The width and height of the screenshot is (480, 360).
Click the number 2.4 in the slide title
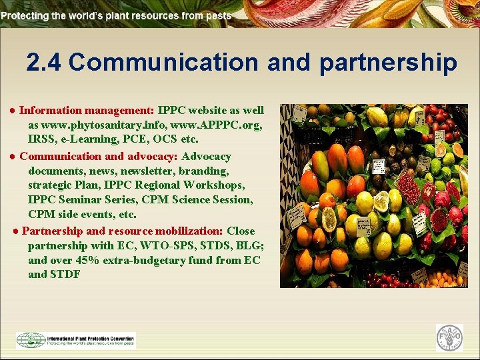tap(44, 63)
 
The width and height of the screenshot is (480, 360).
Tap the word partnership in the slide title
tap(388, 63)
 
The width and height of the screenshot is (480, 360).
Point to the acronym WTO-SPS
tap(147, 245)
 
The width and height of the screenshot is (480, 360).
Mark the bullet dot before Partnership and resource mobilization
tap(16, 231)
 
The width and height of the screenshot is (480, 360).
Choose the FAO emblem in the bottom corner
tap(449, 338)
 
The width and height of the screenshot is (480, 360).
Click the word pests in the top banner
tap(217, 15)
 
